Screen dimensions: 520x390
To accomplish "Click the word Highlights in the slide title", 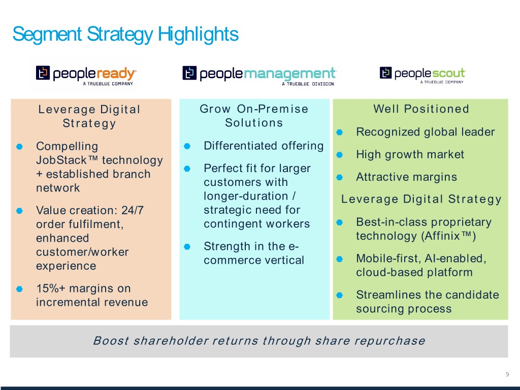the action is [x=198, y=35].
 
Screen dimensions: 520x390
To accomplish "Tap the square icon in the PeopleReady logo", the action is [x=43, y=73].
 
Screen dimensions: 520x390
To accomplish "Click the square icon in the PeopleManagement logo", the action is [x=189, y=73].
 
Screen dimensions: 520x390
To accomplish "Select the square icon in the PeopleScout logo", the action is [x=386, y=73].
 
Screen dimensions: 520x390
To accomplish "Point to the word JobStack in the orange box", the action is [x=61, y=160].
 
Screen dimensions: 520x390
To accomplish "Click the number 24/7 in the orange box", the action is [x=133, y=210].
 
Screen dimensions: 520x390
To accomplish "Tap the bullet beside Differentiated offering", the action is [x=187, y=146].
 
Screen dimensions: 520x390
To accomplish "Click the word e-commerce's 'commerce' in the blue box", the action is [x=237, y=261].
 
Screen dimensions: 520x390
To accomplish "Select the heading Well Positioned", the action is [x=421, y=109].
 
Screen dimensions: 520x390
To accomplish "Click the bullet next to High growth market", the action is [x=339, y=154].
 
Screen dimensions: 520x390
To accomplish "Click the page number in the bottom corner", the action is [x=507, y=374].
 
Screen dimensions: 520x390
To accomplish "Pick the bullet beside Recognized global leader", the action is [x=339, y=133].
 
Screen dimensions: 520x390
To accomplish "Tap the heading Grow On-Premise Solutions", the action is [x=254, y=116].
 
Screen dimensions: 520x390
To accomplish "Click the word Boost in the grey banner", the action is [x=111, y=341].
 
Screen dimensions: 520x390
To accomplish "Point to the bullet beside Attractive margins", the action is [x=339, y=177].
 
